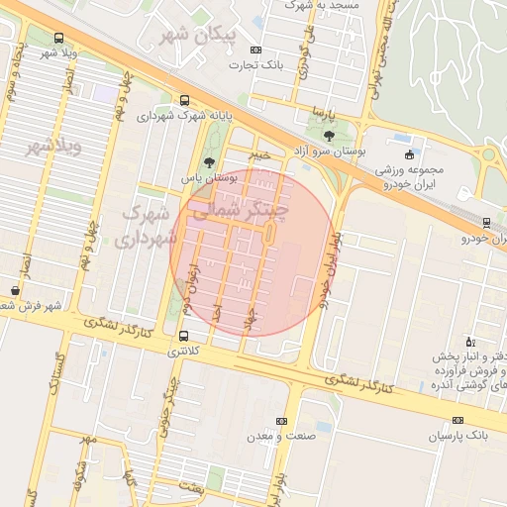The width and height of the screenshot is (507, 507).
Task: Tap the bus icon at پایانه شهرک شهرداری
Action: [185, 100]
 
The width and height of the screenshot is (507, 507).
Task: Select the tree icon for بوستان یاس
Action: [208, 161]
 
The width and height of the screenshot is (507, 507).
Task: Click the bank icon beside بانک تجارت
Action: [255, 50]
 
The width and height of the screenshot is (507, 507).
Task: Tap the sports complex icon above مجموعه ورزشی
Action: [410, 153]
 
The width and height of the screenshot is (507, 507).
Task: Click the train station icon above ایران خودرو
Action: [485, 223]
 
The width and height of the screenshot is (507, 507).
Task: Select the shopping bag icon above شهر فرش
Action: [14, 289]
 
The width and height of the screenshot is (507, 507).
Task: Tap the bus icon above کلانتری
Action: [182, 336]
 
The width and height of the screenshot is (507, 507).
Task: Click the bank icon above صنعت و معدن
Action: [281, 421]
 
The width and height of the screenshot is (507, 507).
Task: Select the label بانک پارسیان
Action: [459, 436]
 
